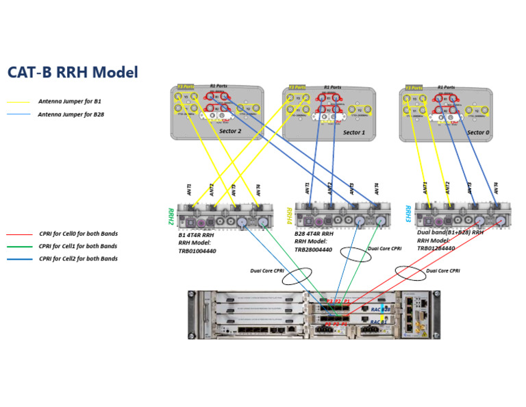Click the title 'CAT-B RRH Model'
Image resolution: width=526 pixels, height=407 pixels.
(x=73, y=72)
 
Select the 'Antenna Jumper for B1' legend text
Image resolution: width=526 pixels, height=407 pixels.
(x=69, y=101)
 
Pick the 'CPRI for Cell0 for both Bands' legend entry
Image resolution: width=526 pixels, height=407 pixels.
(x=78, y=234)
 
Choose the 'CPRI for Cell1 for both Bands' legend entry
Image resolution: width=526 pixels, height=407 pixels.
(x=78, y=246)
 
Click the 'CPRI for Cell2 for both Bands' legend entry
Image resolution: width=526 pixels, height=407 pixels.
(x=78, y=258)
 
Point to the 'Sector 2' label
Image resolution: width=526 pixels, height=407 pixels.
(x=229, y=131)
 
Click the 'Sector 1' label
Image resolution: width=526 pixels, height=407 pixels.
(x=353, y=132)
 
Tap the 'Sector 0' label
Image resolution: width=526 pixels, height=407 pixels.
(x=478, y=132)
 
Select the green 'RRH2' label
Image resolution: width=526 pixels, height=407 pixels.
(x=171, y=217)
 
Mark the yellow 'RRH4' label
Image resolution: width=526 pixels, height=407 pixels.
(x=289, y=217)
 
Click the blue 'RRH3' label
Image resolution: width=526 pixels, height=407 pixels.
(x=408, y=214)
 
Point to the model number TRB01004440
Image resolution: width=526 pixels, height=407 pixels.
(x=197, y=251)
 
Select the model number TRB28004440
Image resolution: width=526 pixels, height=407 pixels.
(x=313, y=249)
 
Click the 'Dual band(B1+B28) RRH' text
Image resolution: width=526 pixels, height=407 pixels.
(x=449, y=232)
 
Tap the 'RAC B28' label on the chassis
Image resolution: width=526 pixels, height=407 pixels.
(x=380, y=310)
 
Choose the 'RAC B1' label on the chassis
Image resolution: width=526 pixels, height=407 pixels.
(x=379, y=322)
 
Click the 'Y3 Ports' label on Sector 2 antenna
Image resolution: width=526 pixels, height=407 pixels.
(x=186, y=87)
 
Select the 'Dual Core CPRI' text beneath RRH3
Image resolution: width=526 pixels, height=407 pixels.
(x=443, y=271)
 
